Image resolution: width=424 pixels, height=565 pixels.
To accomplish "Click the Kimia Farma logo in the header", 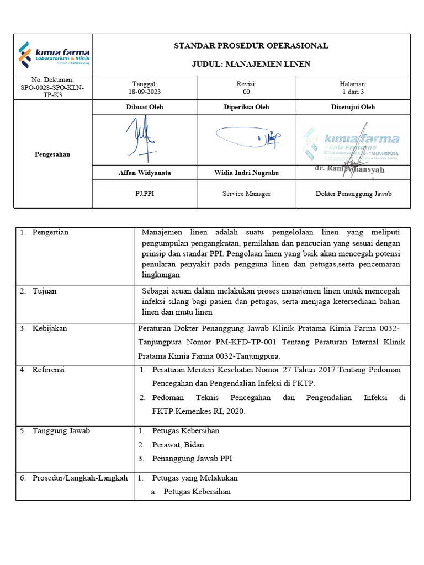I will (x=54, y=55).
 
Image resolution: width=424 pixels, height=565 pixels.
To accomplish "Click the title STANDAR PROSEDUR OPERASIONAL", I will (x=251, y=46).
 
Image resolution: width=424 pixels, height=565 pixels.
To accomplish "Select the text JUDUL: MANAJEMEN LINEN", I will (x=251, y=65).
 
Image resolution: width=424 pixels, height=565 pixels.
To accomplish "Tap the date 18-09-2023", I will (x=145, y=92).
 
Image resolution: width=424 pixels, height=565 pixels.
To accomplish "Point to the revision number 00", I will (x=246, y=92).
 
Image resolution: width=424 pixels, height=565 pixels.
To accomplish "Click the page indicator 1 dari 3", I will (x=353, y=92).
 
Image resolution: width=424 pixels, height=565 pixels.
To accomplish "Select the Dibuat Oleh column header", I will (x=145, y=107).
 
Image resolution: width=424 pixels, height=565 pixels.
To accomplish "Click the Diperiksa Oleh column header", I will (x=246, y=107).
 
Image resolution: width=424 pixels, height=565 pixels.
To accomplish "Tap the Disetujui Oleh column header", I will (x=353, y=107).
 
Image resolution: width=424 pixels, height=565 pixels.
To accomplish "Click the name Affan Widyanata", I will (x=145, y=173).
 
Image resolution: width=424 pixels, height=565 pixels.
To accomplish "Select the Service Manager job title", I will (x=246, y=194).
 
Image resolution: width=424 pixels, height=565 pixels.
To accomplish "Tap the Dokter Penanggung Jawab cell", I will (x=353, y=194).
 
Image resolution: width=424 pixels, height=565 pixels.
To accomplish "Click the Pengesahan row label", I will (x=53, y=154).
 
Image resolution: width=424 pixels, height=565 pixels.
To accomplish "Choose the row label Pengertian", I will (x=50, y=232).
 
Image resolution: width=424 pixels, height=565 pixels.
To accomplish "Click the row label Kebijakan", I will (x=50, y=328).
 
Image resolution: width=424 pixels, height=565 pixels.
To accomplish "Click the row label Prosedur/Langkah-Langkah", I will (x=79, y=478).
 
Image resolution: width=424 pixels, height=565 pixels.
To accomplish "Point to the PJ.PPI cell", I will (x=145, y=194).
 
